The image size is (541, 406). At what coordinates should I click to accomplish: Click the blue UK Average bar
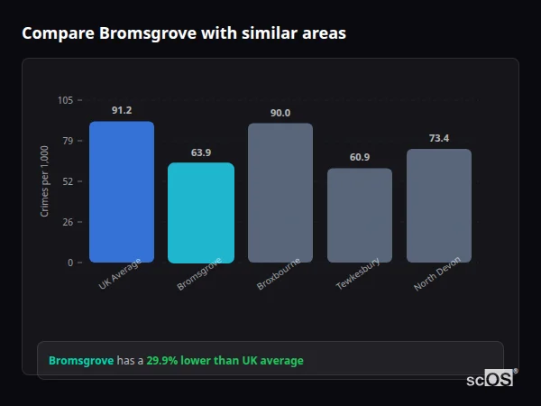tap(122, 192)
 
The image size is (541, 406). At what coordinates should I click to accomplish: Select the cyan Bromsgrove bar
tap(201, 213)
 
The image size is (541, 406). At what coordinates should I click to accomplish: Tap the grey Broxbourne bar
tap(280, 193)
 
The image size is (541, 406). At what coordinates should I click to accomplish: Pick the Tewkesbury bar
tap(360, 216)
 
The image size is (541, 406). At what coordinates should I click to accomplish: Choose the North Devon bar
tap(439, 206)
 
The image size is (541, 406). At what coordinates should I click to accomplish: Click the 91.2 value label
tap(122, 110)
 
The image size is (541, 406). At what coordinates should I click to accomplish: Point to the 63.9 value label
tap(201, 152)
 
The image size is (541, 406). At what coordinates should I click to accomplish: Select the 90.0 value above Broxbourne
tap(280, 113)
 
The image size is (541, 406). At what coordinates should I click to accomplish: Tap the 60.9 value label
tap(360, 157)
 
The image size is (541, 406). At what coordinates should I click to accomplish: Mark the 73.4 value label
tap(439, 138)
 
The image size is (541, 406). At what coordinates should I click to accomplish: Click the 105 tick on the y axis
tap(65, 100)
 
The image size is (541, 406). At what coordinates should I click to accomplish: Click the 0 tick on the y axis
tap(69, 263)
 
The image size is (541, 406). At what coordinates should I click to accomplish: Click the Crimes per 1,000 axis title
tap(45, 181)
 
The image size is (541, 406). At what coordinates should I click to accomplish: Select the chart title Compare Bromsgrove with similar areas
tap(184, 33)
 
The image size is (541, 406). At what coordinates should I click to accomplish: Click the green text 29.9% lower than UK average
tap(225, 361)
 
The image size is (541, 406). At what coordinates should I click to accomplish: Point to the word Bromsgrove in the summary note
tap(81, 361)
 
